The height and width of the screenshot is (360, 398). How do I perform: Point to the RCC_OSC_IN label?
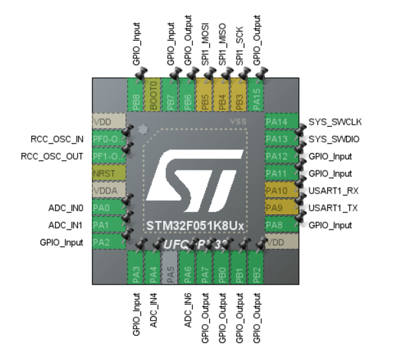click(x=56, y=139)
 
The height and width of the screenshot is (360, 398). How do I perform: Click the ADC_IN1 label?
click(x=66, y=225)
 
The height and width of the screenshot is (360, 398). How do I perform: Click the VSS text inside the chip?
click(x=237, y=122)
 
